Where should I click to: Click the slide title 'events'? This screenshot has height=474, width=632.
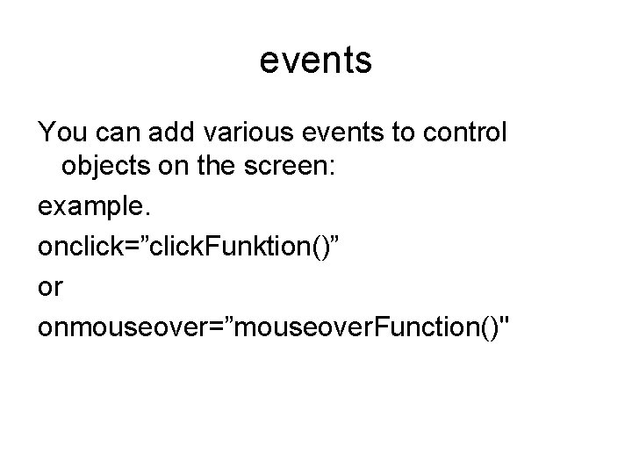pyautogui.click(x=316, y=61)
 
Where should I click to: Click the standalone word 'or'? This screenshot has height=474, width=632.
pyautogui.click(x=50, y=287)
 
